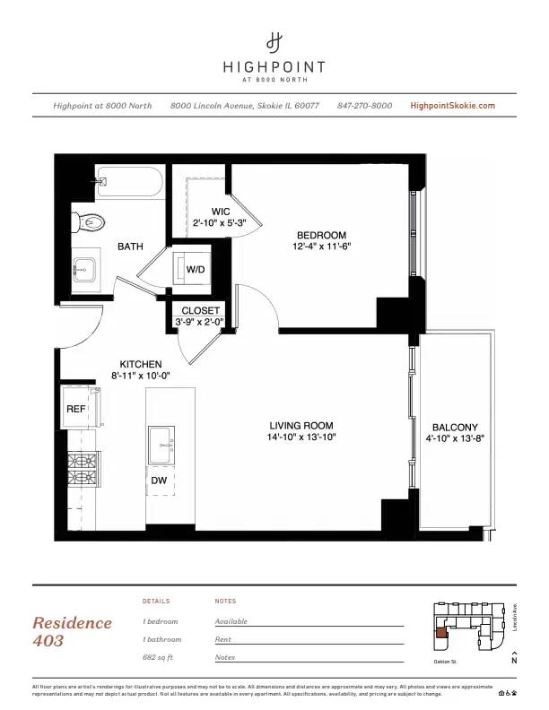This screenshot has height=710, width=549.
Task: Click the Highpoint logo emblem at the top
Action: tap(274, 41)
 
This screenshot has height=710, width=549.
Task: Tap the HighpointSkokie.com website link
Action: tap(452, 106)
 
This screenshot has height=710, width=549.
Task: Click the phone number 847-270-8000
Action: tap(364, 106)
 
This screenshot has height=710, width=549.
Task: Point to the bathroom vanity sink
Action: tap(87, 266)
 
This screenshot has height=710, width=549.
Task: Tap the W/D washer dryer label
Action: tap(196, 270)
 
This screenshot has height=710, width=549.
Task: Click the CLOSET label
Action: tap(200, 311)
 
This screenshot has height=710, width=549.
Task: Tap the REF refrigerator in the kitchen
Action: tap(76, 409)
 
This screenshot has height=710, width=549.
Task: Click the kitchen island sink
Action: tap(162, 442)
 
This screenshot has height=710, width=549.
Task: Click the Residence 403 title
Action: tap(72, 631)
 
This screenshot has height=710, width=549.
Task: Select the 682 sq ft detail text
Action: tap(161, 657)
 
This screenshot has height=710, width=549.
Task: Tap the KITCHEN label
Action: tap(142, 364)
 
